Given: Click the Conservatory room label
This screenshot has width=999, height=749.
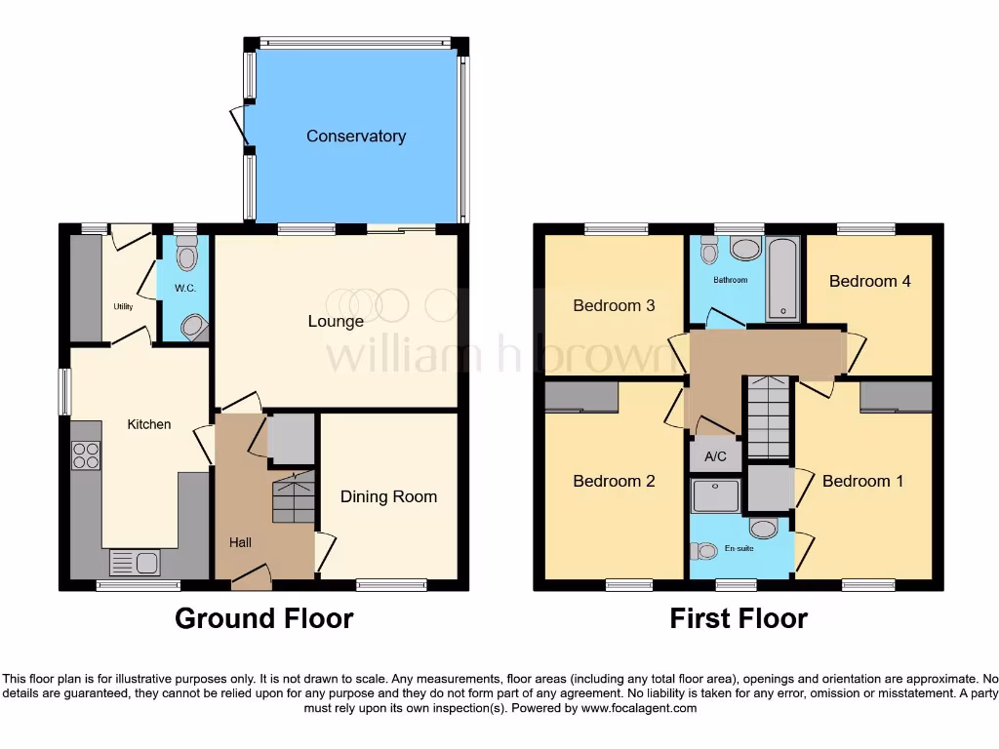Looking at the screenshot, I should (356, 137).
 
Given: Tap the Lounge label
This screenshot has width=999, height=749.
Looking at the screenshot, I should (336, 321).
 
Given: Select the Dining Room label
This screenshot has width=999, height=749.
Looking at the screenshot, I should (388, 496).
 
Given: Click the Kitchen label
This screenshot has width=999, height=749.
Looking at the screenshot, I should (149, 424).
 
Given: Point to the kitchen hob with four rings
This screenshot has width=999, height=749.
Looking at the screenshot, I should (86, 455).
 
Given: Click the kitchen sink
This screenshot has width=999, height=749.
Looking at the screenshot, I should (135, 563).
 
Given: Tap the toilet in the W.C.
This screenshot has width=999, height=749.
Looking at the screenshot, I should (186, 255).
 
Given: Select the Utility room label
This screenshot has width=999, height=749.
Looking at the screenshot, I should (123, 306).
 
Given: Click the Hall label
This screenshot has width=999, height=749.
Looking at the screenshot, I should (241, 542).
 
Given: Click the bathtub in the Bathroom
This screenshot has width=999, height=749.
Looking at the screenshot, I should (782, 278).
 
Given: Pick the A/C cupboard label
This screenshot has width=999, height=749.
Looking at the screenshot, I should (715, 456).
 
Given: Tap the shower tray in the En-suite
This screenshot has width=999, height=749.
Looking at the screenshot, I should (716, 495).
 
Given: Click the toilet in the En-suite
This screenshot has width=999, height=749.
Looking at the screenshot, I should (703, 551).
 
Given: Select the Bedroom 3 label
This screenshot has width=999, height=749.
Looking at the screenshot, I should (614, 305).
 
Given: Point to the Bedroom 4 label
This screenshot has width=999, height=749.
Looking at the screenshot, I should (869, 281).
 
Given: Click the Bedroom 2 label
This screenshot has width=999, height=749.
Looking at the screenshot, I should (614, 481).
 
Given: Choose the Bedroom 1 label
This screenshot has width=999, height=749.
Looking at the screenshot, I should (856, 481).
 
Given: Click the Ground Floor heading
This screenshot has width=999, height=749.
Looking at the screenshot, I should (263, 618).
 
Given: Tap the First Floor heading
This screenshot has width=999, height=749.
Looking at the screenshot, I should (739, 618).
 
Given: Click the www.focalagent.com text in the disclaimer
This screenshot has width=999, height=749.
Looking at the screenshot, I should (638, 709).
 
